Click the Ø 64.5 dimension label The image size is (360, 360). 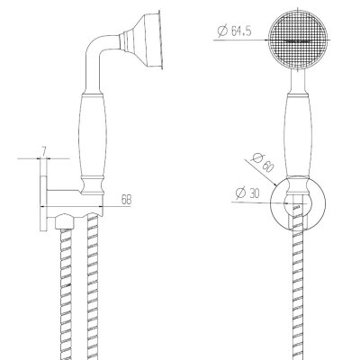tap(235, 31)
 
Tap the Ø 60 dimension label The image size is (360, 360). tap(263, 162)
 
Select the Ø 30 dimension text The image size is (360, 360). tap(247, 193)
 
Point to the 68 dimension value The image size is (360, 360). tap(126, 200)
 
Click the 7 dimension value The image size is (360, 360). tap(44, 152)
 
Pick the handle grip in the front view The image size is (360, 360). tap(297, 135)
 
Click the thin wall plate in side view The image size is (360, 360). tap(43, 195)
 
